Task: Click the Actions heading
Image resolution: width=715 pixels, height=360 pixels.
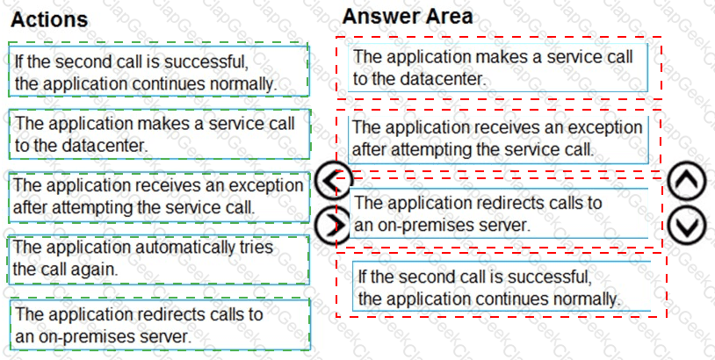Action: pyautogui.click(x=49, y=19)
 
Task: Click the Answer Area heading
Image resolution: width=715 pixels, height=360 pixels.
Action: pyautogui.click(x=408, y=17)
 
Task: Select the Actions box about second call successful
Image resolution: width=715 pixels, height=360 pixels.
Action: pyautogui.click(x=159, y=71)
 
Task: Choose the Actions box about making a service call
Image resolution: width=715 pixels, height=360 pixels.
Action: pyautogui.click(x=159, y=134)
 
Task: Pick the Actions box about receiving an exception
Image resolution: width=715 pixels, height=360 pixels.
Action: pyautogui.click(x=159, y=198)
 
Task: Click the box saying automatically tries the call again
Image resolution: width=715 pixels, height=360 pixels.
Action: pyautogui.click(x=159, y=260)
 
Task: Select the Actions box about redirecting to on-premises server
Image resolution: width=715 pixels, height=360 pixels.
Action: pyautogui.click(x=160, y=325)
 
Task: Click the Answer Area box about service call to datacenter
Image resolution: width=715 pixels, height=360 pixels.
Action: pyautogui.click(x=498, y=68)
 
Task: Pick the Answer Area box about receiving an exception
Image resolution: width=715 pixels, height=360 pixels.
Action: pyautogui.click(x=498, y=139)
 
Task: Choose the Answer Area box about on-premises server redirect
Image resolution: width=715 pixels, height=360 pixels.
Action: pyautogui.click(x=498, y=213)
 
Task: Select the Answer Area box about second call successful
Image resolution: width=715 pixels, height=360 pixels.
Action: pyautogui.click(x=502, y=286)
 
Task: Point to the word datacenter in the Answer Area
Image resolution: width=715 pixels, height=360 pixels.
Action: pyautogui.click(x=439, y=79)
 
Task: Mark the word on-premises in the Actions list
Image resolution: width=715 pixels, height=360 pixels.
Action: pyautogui.click(x=76, y=336)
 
